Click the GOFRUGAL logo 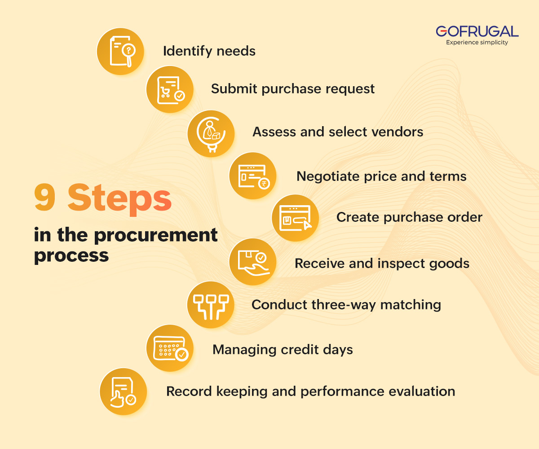pos(477,31)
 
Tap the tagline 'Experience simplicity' pos(477,43)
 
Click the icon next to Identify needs pos(120,51)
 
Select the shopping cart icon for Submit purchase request pos(169,88)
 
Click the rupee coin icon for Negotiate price pos(253,176)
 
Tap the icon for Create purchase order pos(295,217)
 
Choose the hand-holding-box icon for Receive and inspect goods pos(252,262)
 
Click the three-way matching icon pos(210,305)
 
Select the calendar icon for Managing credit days pos(170,348)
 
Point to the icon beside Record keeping pos(123,391)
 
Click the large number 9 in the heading pos(45,199)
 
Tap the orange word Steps pos(120,199)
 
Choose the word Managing pos(245,349)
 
